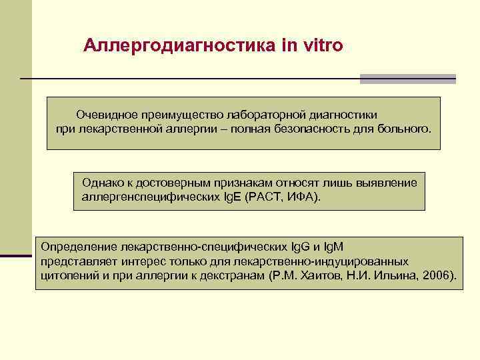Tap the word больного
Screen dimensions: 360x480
(x=403, y=128)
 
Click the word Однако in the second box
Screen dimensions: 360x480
(x=100, y=183)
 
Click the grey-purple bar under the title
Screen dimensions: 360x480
(x=407, y=79)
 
